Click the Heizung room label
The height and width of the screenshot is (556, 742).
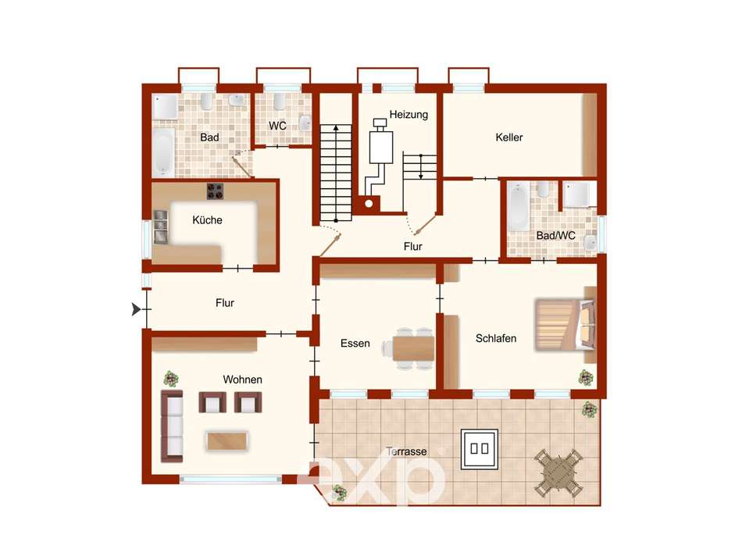[408, 115]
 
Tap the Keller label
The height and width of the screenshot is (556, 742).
[509, 137]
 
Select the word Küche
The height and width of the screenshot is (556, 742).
[207, 220]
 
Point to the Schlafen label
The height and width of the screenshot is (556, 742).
[496, 338]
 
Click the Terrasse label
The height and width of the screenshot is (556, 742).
[406, 451]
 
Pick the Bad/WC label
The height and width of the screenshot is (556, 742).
[555, 235]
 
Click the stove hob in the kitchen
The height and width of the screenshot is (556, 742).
[215, 191]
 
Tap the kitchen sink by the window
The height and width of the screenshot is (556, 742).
[160, 227]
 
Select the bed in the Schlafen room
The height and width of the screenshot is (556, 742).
[565, 325]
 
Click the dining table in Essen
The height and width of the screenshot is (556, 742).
[413, 348]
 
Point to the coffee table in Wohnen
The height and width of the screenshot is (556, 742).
[227, 441]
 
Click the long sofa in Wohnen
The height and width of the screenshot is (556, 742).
[172, 426]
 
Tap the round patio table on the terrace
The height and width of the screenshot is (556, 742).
[558, 473]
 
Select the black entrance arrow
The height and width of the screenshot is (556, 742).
[136, 309]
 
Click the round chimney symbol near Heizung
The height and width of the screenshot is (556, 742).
[369, 204]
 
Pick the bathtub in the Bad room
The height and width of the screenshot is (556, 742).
[163, 151]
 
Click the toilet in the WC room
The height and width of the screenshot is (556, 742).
[279, 101]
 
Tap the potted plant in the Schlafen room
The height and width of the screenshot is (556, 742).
[586, 377]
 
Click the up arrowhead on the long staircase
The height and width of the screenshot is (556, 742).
[336, 127]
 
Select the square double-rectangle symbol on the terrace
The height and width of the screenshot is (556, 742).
[480, 449]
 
